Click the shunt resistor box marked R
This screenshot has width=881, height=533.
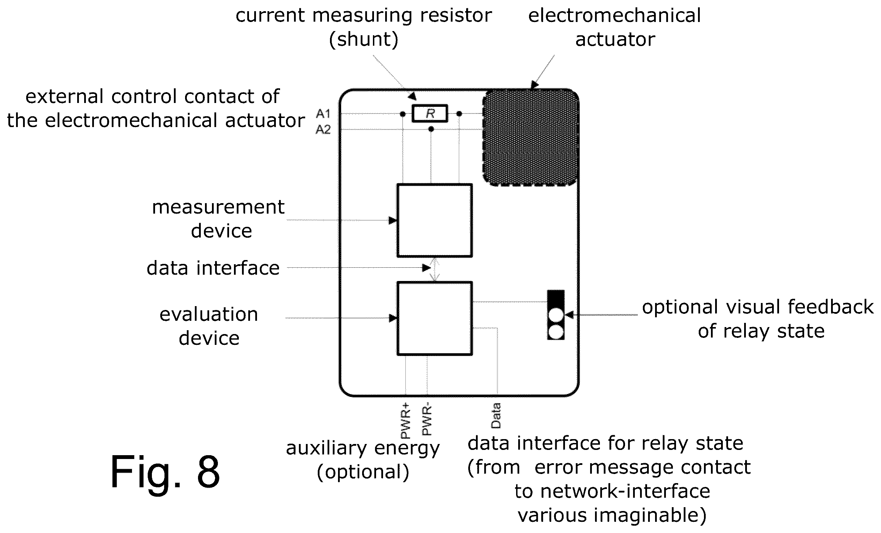[x=430, y=113]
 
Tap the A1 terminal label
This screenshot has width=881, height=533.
[x=323, y=114]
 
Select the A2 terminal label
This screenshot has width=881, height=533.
[x=323, y=129]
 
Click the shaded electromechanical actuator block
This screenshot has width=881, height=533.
[x=531, y=137]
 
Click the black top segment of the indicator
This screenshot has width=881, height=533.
[x=556, y=298]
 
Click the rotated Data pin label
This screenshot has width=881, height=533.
[x=496, y=415]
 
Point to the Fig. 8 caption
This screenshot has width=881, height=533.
[x=165, y=472]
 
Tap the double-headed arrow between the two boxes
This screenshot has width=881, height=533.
[x=434, y=269]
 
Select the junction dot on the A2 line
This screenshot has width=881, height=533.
[x=431, y=129]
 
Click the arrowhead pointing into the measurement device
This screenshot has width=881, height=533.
[x=392, y=220]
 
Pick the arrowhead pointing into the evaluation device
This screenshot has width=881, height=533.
[x=392, y=318]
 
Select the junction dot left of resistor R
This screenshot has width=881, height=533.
[x=403, y=114]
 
